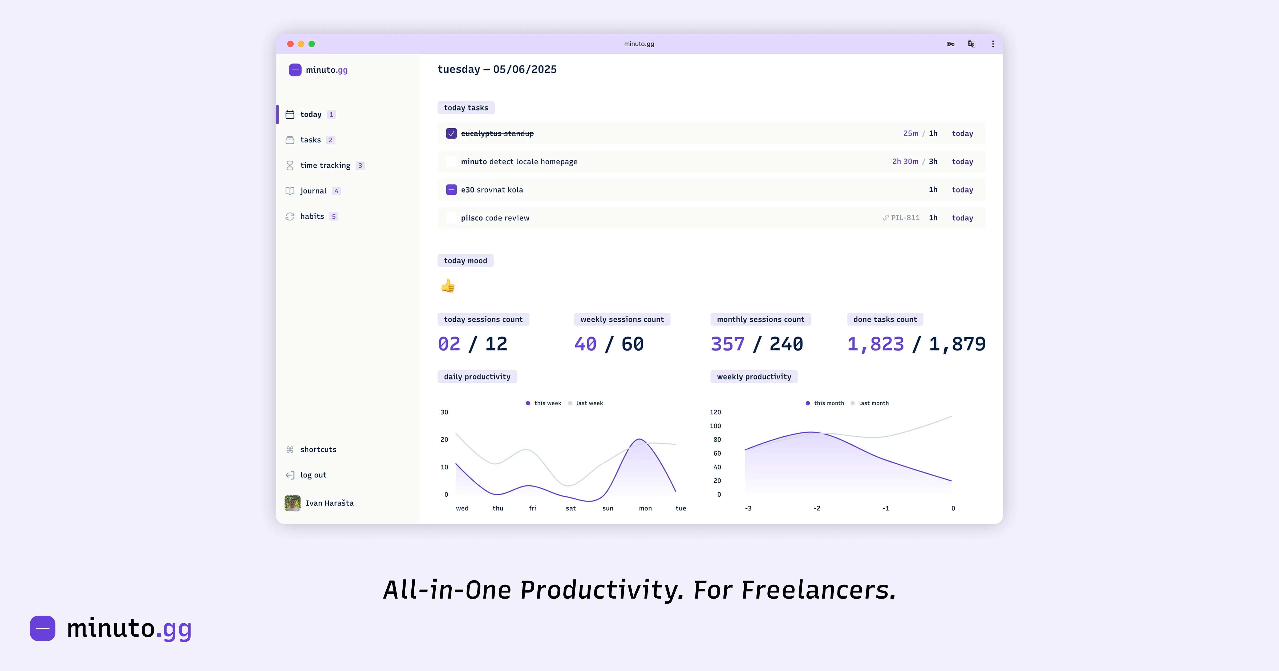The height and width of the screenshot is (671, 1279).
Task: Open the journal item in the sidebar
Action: [313, 191]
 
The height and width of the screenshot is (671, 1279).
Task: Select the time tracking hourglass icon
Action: [290, 165]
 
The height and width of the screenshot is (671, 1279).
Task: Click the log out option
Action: [313, 475]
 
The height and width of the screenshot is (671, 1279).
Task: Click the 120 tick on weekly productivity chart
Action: [715, 412]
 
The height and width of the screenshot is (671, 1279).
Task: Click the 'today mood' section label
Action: [465, 261]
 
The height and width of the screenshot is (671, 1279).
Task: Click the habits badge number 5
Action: [334, 216]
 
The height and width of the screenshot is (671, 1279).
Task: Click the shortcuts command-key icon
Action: [290, 450]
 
